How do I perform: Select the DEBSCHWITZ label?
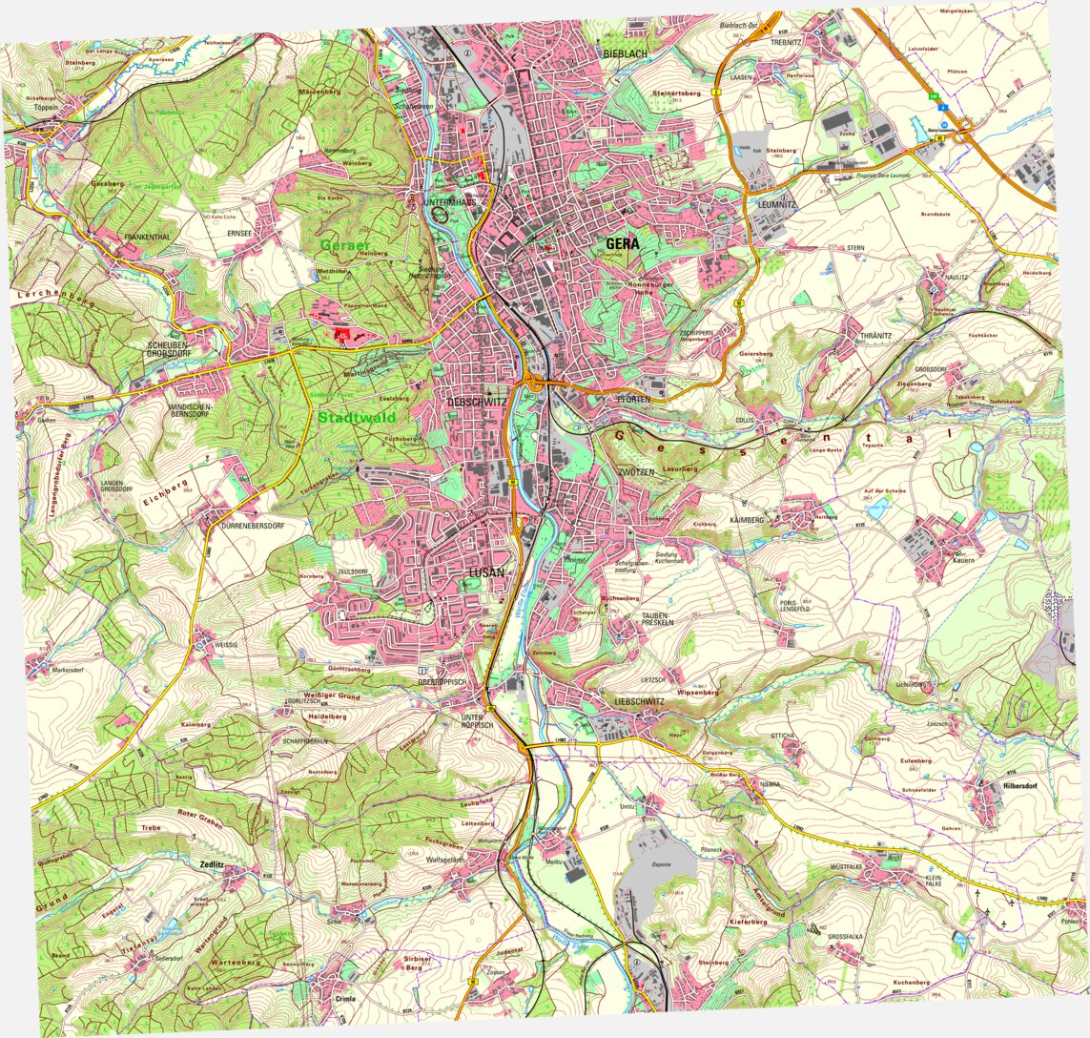coord(477,403)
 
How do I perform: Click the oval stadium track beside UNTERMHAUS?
coord(440,215)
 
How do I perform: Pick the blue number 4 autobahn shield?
coord(942,109)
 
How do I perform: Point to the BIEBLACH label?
coord(625,54)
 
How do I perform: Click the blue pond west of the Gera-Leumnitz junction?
coord(918,128)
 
